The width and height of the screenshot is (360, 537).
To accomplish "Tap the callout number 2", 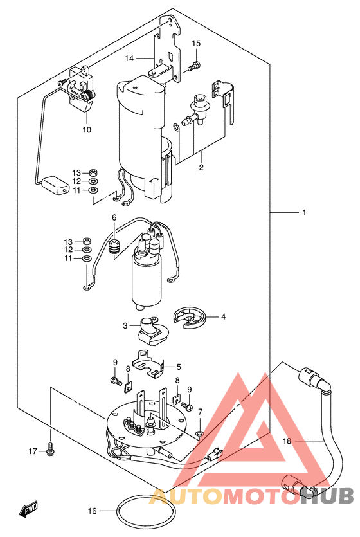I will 201,168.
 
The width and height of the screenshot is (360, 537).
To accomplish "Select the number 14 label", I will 130,59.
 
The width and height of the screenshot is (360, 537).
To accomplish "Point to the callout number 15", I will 196,44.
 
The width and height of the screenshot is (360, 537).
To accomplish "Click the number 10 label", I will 87,129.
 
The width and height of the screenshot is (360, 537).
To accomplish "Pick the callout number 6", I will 114,218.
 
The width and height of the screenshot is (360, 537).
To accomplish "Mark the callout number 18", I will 287,441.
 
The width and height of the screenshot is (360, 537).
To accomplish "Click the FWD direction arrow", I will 28,511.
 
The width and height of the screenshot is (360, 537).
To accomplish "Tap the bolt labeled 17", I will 50,452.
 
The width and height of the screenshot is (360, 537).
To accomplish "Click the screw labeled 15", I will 194,66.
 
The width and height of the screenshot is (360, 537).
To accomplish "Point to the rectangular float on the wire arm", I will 54,187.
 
